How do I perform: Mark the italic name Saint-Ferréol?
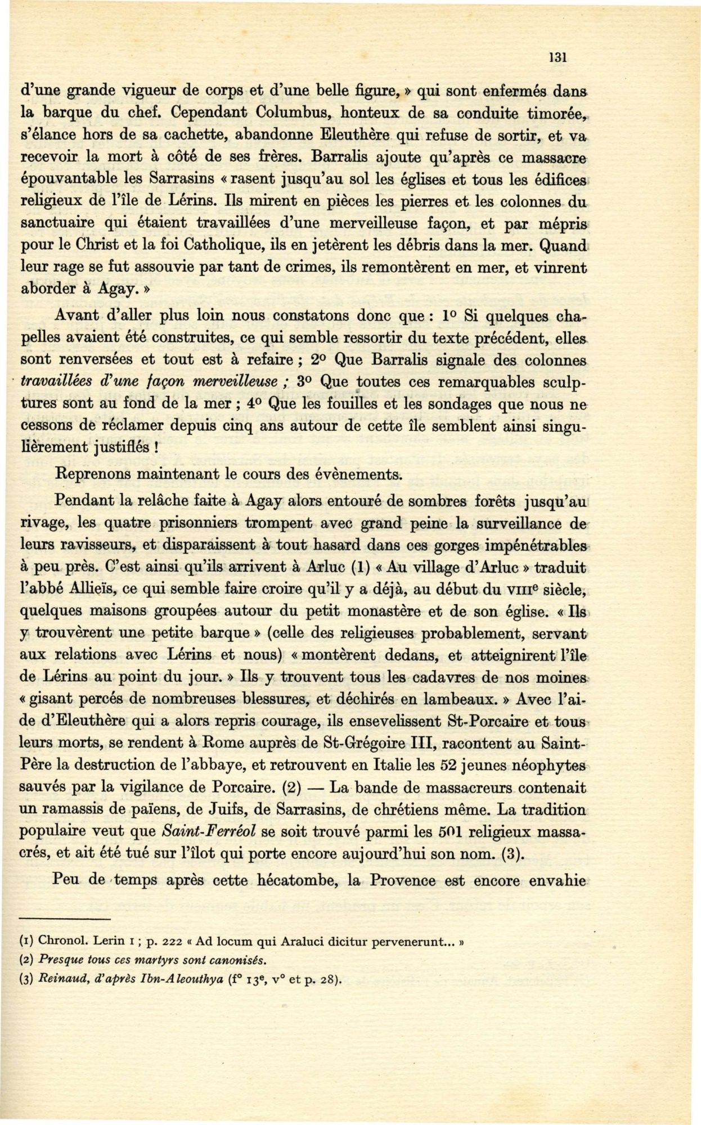pos(210,831)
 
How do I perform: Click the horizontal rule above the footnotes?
pos(63,919)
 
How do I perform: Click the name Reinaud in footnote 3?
pos(60,979)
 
